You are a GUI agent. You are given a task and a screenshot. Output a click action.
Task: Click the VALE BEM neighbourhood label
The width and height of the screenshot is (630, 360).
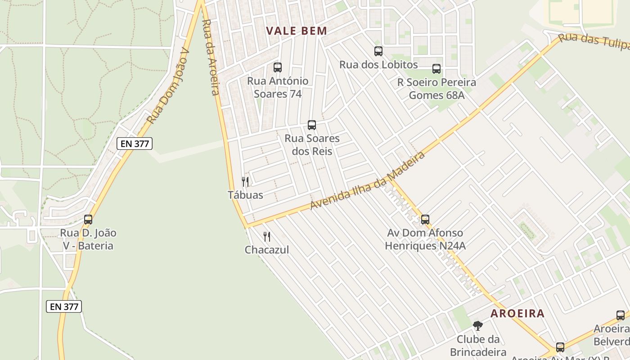click(296, 31)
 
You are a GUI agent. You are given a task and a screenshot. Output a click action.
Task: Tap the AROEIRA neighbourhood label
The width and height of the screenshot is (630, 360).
click(517, 314)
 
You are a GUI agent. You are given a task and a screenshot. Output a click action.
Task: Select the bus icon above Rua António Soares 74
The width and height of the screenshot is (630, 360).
click(278, 67)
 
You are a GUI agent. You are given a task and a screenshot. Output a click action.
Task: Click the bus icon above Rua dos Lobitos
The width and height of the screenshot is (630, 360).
click(378, 51)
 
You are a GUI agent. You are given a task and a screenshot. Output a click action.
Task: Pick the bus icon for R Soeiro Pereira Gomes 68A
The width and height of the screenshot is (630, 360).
click(436, 69)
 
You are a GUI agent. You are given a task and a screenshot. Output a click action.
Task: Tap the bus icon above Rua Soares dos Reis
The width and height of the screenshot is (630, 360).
click(312, 125)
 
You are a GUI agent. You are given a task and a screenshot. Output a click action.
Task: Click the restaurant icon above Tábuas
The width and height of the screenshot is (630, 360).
click(245, 182)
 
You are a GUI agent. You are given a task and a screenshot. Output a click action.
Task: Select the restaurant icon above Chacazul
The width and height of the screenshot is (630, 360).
click(267, 237)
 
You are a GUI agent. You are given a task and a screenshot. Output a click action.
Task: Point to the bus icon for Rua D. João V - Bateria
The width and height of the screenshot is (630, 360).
click(88, 220)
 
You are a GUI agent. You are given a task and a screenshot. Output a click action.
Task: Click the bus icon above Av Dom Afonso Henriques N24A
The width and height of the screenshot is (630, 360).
click(425, 220)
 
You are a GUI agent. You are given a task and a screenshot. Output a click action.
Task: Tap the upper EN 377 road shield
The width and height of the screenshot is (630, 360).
click(135, 144)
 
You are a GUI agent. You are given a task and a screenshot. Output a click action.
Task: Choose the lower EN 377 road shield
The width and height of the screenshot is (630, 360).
click(64, 306)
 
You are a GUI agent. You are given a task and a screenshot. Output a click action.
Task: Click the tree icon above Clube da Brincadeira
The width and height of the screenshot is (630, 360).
click(478, 325)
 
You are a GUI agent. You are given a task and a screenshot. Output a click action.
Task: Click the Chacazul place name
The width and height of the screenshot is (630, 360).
click(267, 250)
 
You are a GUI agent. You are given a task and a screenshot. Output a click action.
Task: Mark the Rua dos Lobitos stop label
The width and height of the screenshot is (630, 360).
click(378, 64)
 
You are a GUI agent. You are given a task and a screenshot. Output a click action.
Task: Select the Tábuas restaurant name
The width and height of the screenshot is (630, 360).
click(245, 195)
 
